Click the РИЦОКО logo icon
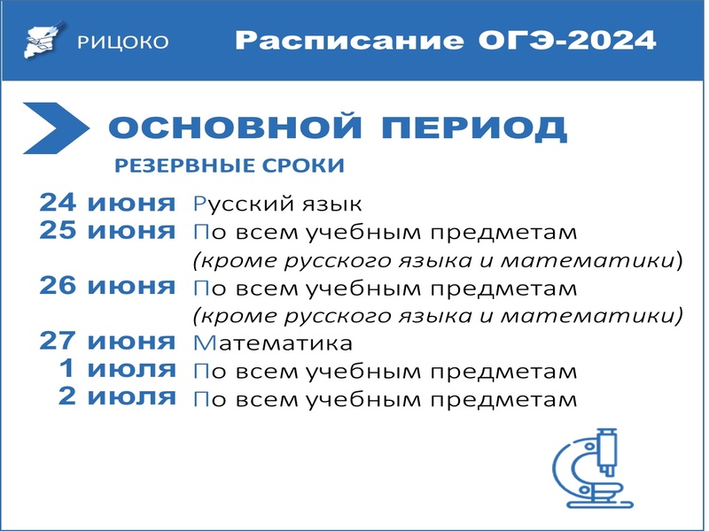43,40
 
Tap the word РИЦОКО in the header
123,42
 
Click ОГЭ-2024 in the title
567,40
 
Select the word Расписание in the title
349,40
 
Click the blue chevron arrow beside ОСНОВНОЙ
56,128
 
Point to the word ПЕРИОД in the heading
474,128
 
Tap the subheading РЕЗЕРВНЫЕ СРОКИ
230,165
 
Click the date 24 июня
107,203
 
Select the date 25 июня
107,231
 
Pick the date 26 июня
107,286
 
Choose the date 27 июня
107,342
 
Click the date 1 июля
118,369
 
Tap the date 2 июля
118,396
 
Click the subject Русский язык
277,204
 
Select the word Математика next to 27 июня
273,343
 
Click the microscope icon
593,468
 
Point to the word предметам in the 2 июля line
503,401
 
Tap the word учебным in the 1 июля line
363,372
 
